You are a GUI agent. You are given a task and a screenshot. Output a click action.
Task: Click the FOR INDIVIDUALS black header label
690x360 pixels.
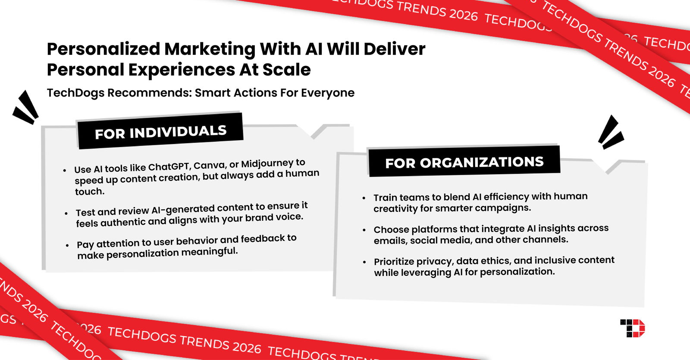click(160, 131)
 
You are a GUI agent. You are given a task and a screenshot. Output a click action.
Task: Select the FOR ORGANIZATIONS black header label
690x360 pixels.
click(464, 162)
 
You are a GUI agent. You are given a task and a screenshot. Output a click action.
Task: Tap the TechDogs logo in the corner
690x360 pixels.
click(633, 328)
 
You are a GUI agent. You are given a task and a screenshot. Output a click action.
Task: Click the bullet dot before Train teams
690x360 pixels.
click(364, 198)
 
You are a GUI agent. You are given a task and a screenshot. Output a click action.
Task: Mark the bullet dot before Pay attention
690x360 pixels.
click(67, 245)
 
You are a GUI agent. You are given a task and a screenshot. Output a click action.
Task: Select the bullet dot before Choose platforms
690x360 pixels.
click(364, 230)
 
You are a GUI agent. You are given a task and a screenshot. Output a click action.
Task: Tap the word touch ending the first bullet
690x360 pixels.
click(89, 191)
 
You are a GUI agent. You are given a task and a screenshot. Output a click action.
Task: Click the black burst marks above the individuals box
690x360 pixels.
click(26, 108)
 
